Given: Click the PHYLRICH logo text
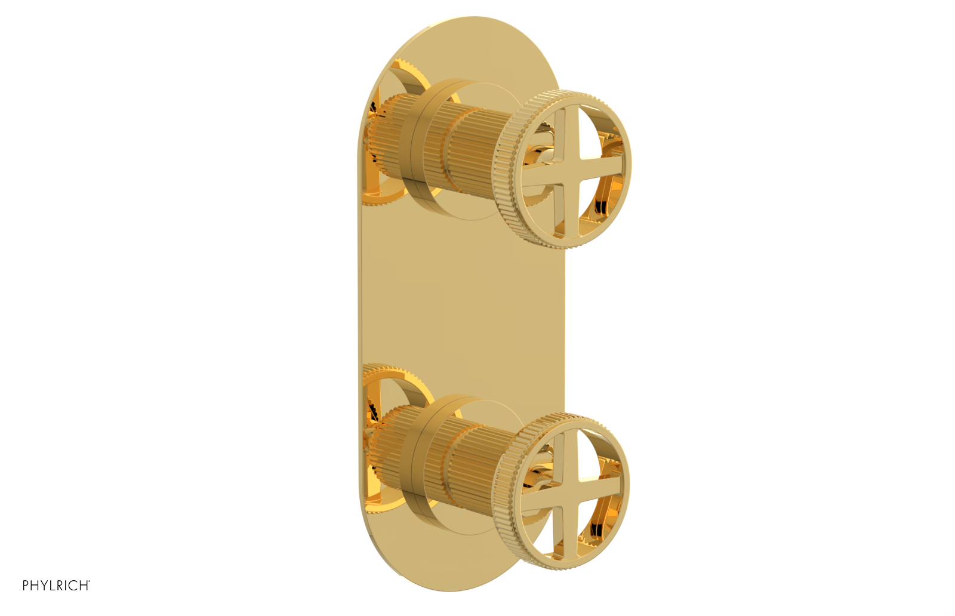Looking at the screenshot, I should (56, 586).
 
